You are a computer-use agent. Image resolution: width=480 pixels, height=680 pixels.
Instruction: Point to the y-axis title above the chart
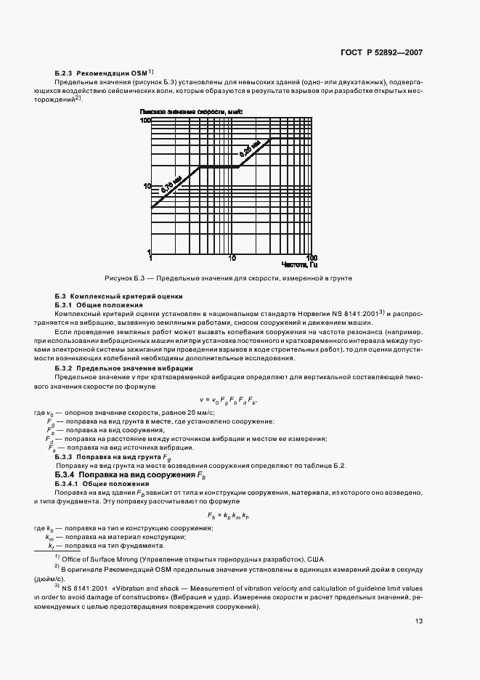point(191,112)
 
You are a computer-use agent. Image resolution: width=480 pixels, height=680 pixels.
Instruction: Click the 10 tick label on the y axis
point(146,186)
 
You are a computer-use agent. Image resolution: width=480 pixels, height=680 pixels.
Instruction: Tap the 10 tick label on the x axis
point(232,258)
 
